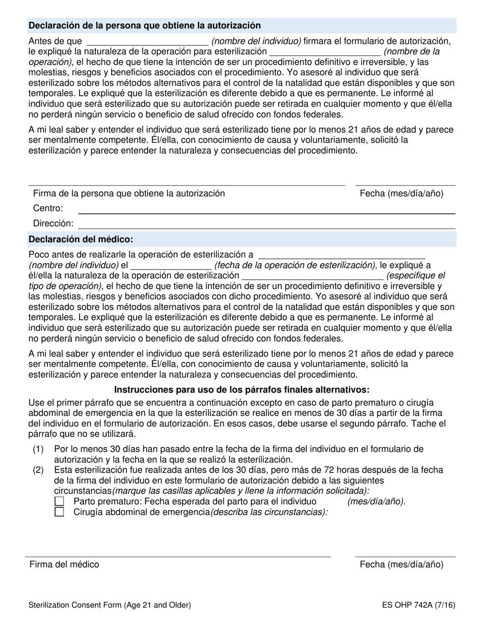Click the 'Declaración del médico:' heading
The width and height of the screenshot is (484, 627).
[x=81, y=239]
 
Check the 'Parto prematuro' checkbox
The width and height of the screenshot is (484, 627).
[x=59, y=502]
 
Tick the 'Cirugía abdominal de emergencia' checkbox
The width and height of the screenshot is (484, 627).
[x=59, y=512]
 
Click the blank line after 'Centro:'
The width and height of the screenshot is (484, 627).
[x=266, y=210]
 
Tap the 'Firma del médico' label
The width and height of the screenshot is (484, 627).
[x=64, y=564]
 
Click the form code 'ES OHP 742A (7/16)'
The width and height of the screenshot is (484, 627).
[x=418, y=606]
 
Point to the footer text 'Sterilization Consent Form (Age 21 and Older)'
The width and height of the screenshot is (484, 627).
[x=110, y=606]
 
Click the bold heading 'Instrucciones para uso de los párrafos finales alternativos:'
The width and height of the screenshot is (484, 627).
[x=241, y=390]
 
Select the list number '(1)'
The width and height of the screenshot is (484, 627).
[x=38, y=449]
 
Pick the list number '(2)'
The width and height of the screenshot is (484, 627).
[x=38, y=470]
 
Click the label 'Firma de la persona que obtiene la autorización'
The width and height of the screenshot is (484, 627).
[x=129, y=193]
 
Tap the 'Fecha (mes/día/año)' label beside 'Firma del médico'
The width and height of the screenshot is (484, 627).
[x=401, y=564]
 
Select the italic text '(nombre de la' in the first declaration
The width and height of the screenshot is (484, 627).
[x=412, y=51]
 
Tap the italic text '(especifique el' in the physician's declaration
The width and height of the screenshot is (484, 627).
[x=415, y=276]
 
